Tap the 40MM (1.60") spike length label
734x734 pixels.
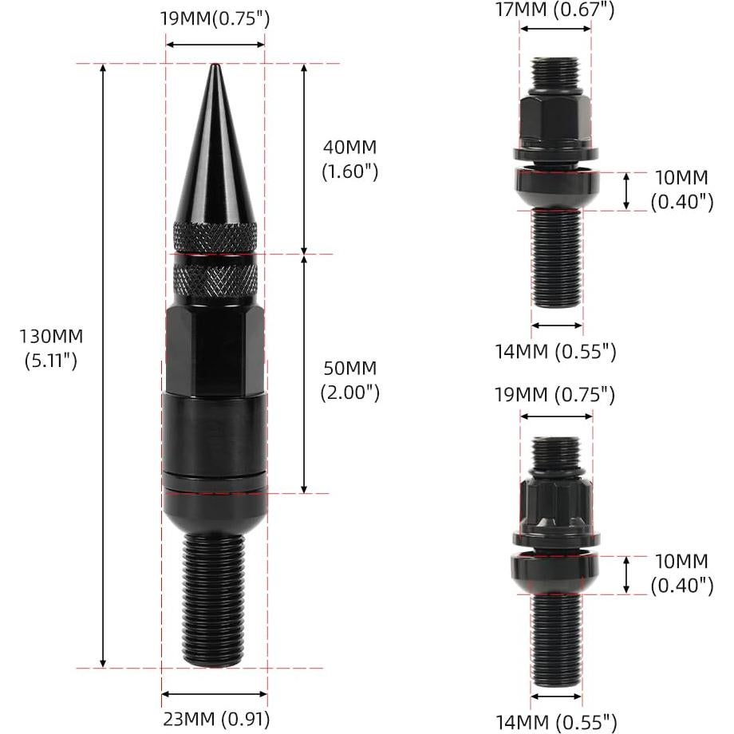349,159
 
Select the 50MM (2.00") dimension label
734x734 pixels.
349,380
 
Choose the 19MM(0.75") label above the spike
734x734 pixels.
214,18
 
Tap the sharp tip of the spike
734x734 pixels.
214,67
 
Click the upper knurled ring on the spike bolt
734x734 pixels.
215,235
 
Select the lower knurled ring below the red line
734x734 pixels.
215,276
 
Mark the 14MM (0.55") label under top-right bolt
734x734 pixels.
556,350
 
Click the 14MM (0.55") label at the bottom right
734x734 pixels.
556,723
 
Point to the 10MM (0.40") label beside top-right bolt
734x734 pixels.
682,190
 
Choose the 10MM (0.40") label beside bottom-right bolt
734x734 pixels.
682,574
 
